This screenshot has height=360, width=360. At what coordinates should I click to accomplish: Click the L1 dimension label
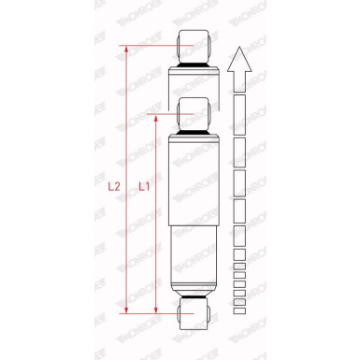click(x=144, y=186)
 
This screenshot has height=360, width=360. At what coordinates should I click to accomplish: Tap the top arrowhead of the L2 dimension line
click(x=126, y=50)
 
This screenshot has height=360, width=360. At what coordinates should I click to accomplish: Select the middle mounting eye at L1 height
click(x=193, y=109)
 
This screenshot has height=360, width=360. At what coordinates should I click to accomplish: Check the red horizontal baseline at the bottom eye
click(x=154, y=313)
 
